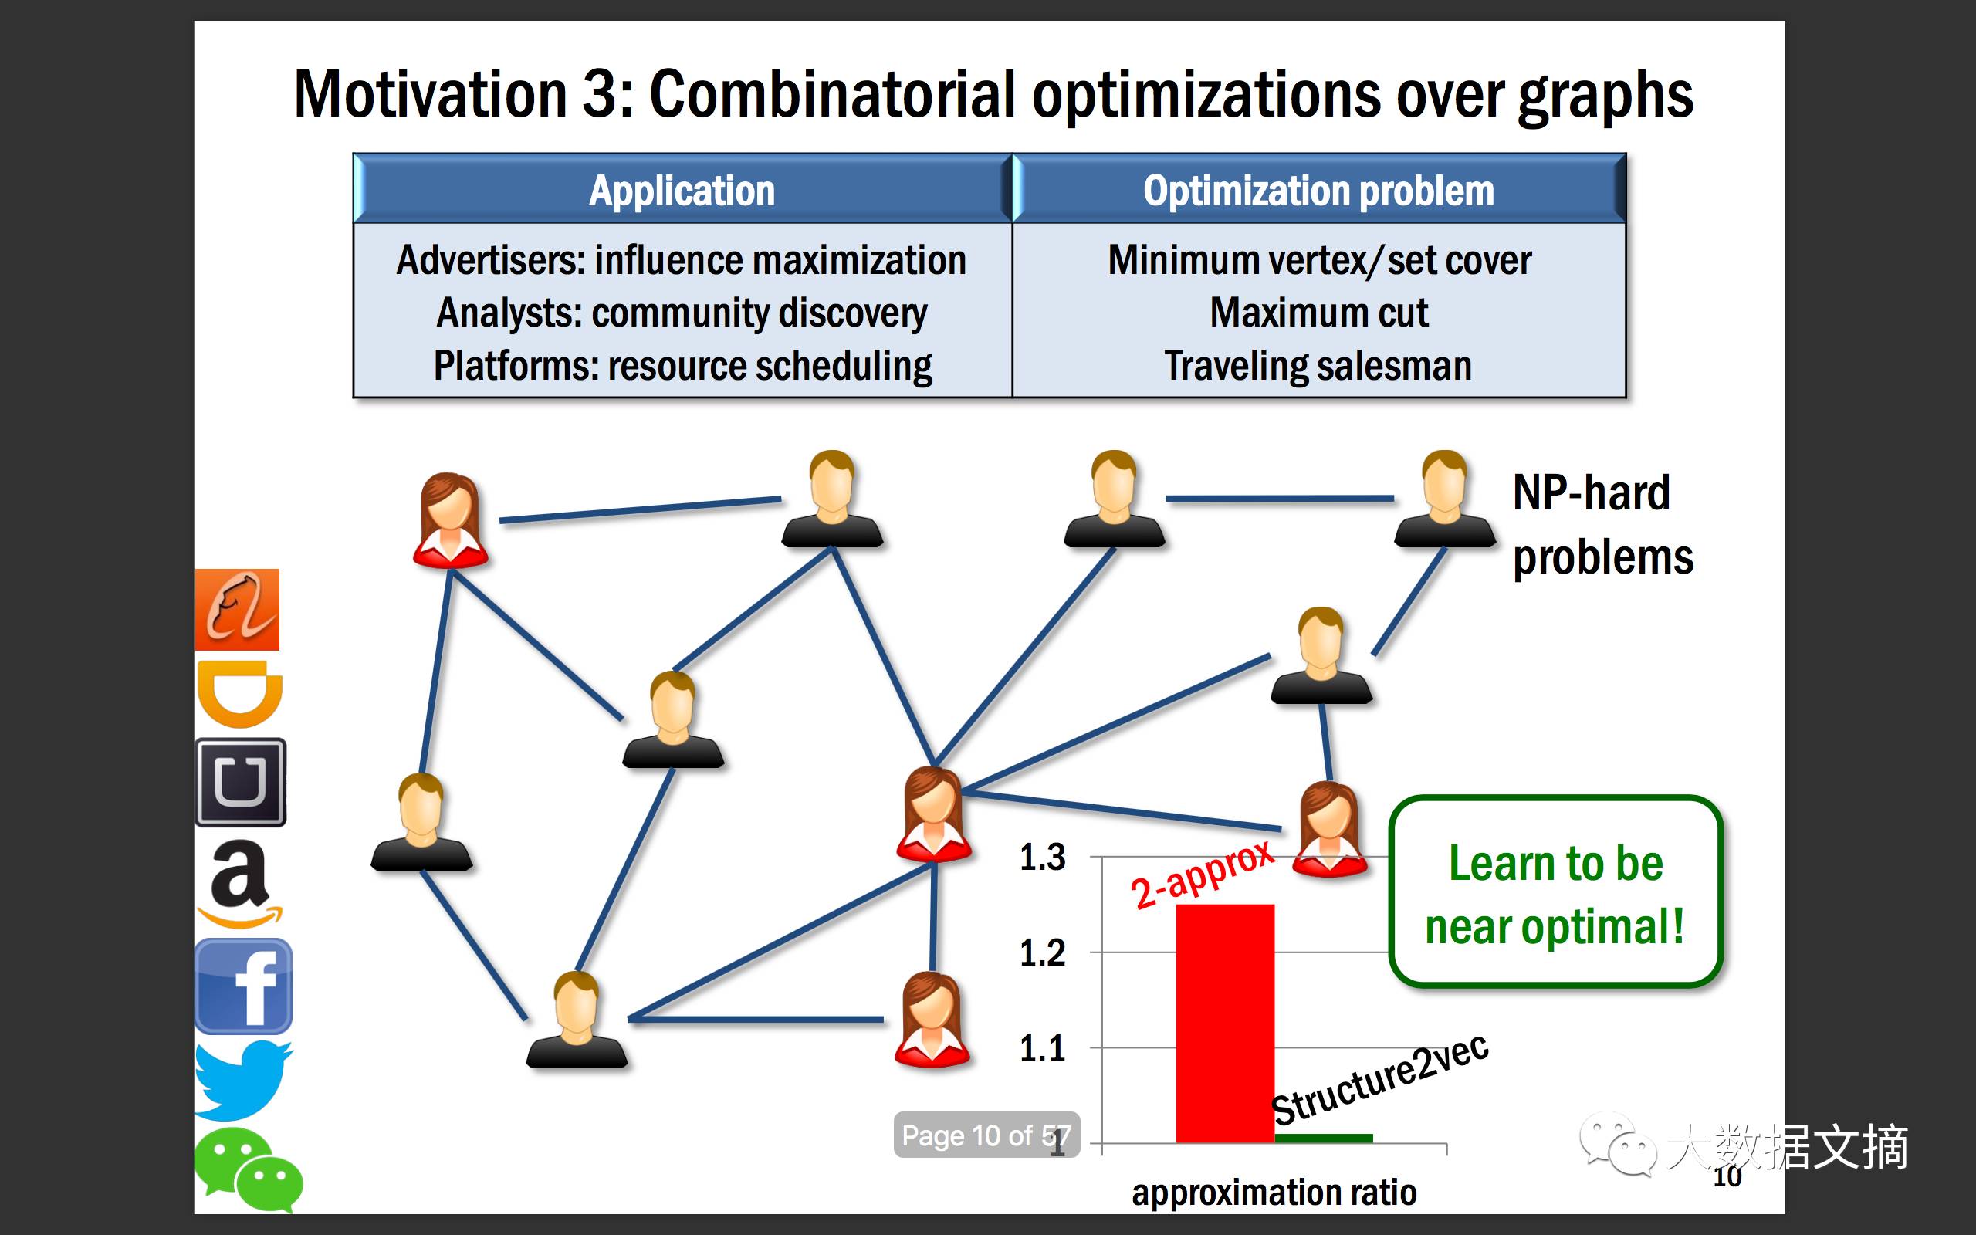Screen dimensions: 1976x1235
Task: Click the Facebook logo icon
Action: click(242, 986)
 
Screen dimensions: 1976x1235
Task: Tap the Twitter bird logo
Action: click(242, 1080)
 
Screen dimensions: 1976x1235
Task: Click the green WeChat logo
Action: click(248, 1169)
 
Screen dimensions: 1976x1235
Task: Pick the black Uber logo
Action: click(241, 783)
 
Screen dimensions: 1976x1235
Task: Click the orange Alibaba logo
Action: click(237, 609)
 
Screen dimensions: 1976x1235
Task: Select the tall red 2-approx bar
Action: click(1225, 1024)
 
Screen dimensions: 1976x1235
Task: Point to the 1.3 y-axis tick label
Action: click(1043, 858)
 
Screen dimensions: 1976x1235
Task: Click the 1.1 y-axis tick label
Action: click(1043, 1048)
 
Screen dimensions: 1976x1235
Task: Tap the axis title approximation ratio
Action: click(1274, 1193)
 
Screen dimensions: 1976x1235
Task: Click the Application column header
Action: click(682, 191)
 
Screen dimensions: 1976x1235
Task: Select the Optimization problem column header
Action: click(1318, 191)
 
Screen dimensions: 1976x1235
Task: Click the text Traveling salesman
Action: click(1318, 365)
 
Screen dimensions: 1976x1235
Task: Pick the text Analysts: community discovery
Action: click(682, 313)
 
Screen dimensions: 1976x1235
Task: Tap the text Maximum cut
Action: click(1318, 312)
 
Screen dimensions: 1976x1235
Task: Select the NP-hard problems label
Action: click(1603, 525)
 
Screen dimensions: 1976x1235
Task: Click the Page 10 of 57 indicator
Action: click(986, 1135)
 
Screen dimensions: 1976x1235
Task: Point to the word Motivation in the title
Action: click(430, 94)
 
